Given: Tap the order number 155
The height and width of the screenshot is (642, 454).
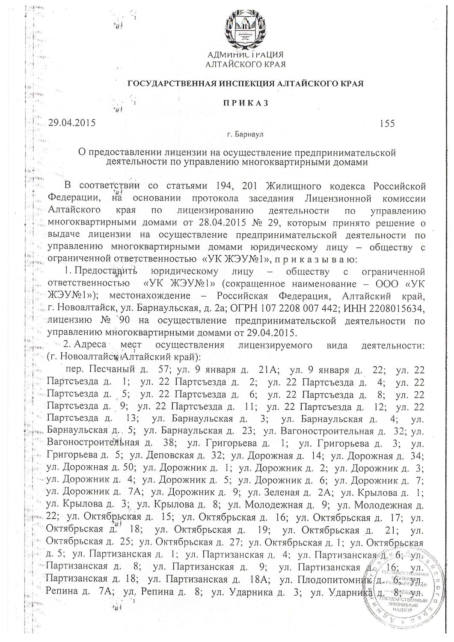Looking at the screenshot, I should [x=386, y=124].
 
